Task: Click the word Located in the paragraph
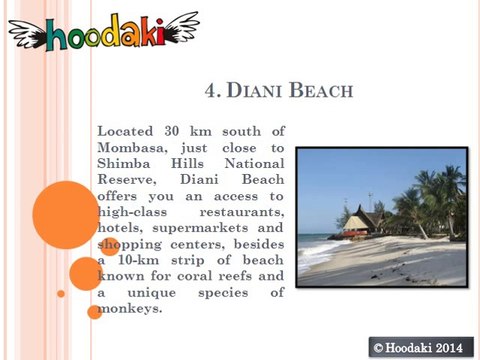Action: tap(126, 131)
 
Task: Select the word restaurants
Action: tap(243, 212)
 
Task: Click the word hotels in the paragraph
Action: tap(120, 228)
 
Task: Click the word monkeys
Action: tap(130, 309)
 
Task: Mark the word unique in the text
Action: tap(160, 292)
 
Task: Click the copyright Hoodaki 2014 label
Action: tap(418, 346)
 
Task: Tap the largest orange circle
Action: tap(64, 214)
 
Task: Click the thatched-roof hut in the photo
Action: tap(363, 221)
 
